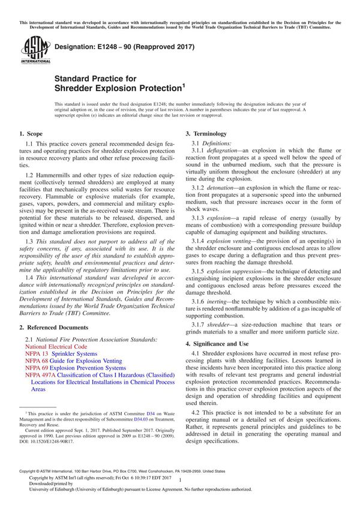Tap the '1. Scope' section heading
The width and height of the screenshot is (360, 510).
coord(30,133)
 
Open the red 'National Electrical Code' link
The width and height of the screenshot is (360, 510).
coord(56,347)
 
